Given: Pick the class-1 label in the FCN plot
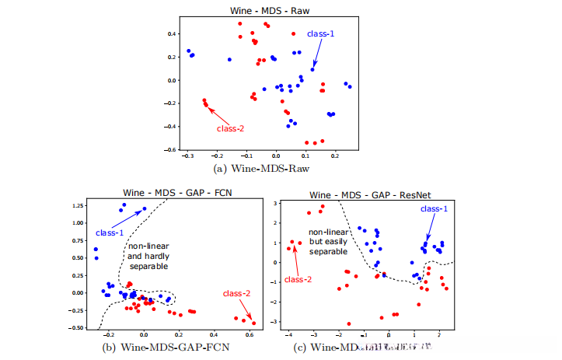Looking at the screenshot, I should [110, 232].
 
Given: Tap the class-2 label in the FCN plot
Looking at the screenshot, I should [236, 294].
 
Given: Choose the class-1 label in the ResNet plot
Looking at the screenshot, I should [433, 209].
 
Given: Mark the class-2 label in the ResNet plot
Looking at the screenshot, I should [299, 279].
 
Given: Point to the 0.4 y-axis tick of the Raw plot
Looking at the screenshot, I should [173, 34].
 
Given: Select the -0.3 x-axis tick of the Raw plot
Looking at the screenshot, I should [187, 156].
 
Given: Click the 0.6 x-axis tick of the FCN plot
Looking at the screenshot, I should [249, 334].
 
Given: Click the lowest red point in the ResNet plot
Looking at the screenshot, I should [349, 323].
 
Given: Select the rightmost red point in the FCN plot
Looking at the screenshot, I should [253, 323].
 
